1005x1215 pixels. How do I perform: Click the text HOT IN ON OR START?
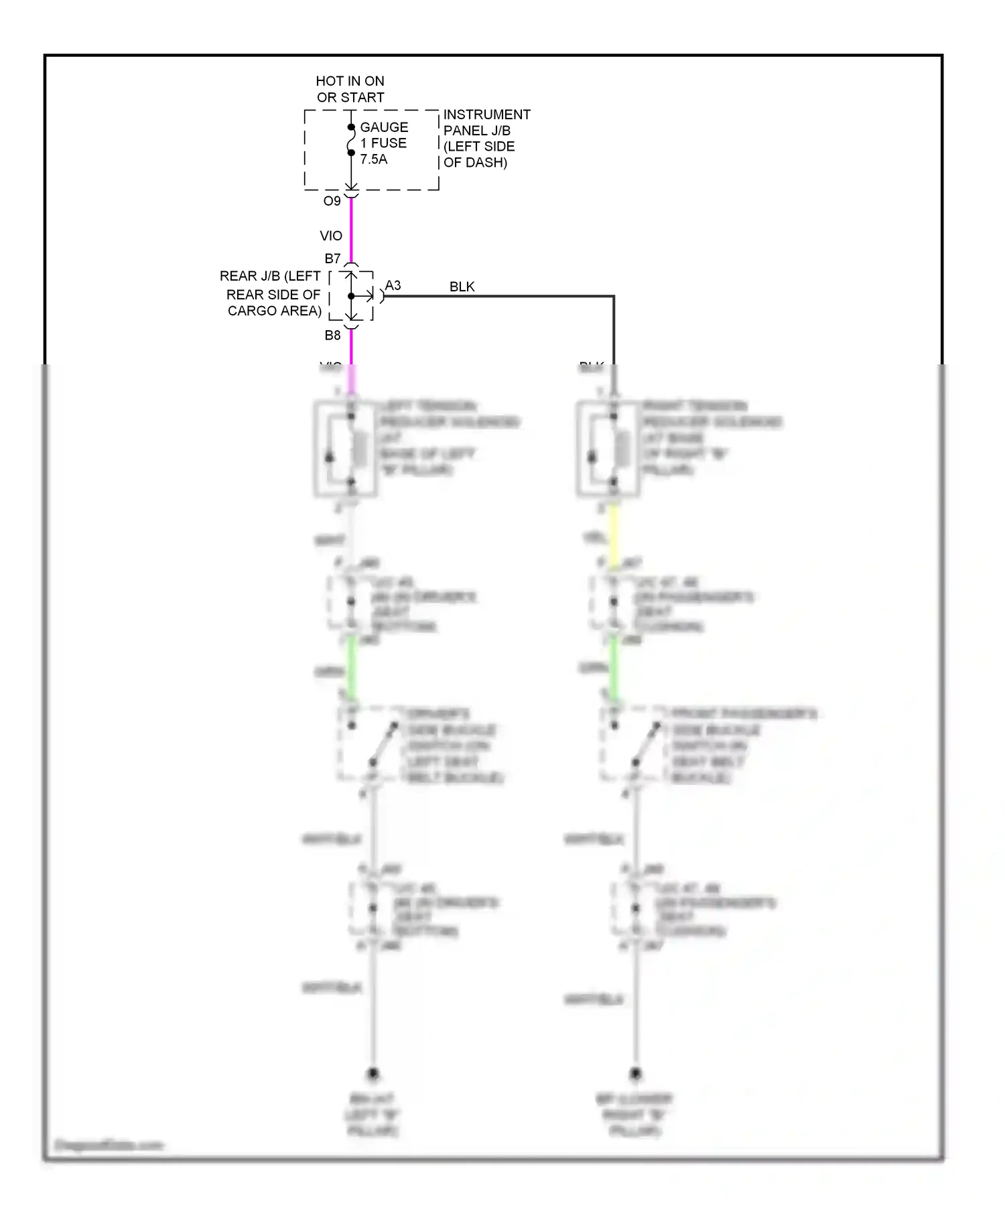coord(350,89)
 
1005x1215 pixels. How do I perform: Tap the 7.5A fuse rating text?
coord(374,159)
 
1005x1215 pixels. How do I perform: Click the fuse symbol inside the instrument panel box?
coord(350,140)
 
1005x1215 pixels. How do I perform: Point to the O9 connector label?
coord(332,201)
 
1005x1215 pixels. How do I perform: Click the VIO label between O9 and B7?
coord(331,236)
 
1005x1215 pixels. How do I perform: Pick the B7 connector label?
coord(332,259)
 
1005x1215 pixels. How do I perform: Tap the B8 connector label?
coord(332,336)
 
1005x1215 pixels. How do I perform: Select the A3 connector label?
coord(393,285)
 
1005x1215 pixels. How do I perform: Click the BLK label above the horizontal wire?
coord(462,287)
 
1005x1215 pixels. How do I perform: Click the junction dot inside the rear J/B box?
coord(351,296)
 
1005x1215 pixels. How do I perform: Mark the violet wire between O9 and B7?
coord(351,231)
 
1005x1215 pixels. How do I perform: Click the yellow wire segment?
coord(613,536)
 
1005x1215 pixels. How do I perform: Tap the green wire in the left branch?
coord(351,666)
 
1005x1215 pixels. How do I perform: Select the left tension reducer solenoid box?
coord(345,449)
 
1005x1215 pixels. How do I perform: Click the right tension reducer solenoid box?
coord(608,449)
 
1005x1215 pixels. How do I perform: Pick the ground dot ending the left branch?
coord(373,1074)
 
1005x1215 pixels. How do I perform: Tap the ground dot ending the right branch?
coord(635,1074)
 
